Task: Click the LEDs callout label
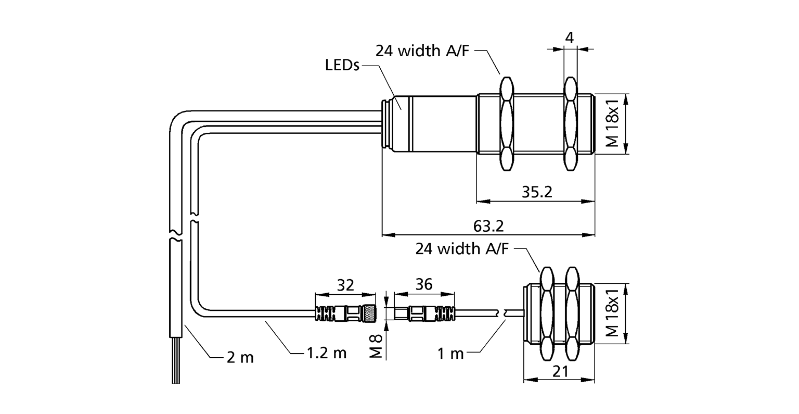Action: [342, 66]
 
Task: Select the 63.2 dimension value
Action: [488, 227]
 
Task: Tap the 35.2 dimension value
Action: [536, 192]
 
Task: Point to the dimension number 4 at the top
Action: [570, 37]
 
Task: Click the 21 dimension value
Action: [559, 371]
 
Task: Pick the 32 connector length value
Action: [345, 285]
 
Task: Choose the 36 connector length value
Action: [424, 285]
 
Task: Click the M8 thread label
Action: [378, 345]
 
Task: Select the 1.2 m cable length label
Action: [325, 354]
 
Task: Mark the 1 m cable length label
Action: [450, 354]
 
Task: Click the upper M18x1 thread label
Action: [614, 124]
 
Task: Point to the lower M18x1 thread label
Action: [614, 314]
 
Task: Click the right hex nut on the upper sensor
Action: [570, 124]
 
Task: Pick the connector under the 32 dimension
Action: [345, 313]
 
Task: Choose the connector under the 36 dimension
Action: [424, 313]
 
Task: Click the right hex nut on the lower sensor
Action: [572, 314]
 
